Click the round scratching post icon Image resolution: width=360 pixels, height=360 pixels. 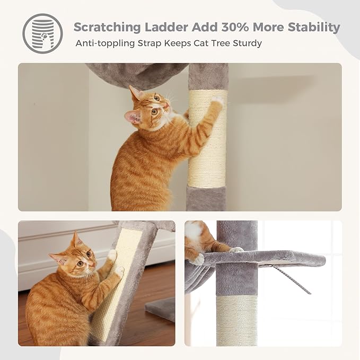click(42, 33)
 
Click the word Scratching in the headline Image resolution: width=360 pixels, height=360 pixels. click(107, 27)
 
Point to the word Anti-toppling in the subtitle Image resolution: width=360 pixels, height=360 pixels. click(104, 43)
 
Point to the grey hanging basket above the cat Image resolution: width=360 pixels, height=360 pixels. click(135, 74)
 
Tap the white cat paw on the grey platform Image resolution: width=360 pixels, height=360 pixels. click(197, 259)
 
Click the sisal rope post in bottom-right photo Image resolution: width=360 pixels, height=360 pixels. click(236, 321)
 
